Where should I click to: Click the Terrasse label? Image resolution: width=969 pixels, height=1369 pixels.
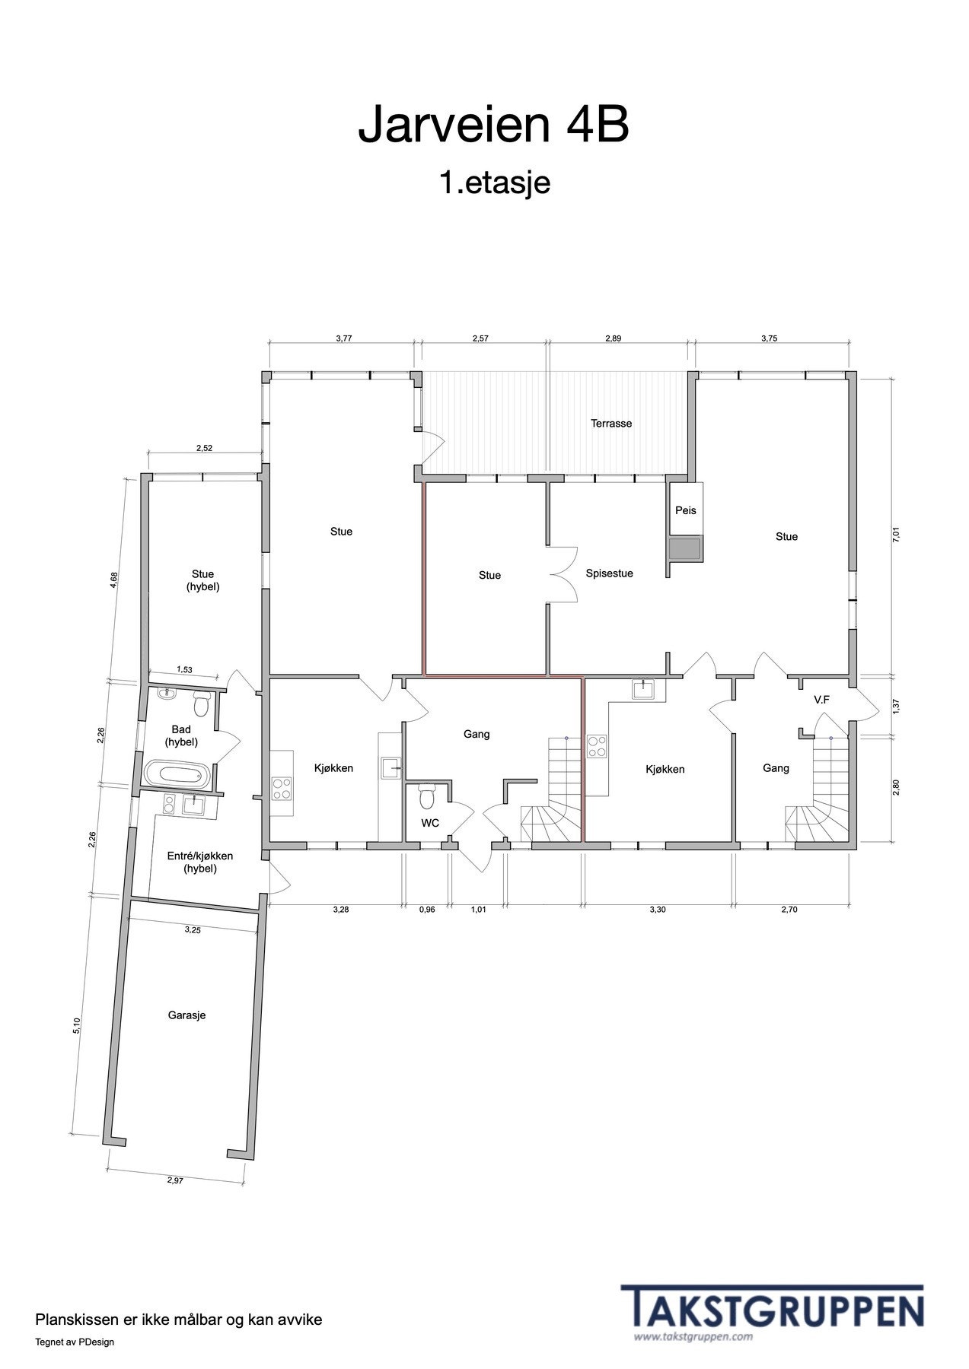[x=611, y=424]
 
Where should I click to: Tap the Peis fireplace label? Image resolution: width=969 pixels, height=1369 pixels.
[x=685, y=510]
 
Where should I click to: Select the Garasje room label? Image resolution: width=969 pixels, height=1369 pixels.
[x=186, y=1015]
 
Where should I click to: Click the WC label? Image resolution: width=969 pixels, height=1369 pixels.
[x=430, y=823]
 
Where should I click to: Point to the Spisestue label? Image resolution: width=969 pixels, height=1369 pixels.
[x=609, y=573]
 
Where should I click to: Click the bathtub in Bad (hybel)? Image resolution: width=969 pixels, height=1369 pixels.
[x=176, y=775]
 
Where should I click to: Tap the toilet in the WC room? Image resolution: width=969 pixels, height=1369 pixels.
[x=426, y=796]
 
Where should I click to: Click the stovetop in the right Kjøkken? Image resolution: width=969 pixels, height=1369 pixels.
[x=597, y=746]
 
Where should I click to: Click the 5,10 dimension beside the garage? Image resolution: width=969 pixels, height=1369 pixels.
[x=76, y=1026]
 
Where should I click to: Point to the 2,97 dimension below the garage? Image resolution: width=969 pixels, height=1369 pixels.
[x=177, y=1180]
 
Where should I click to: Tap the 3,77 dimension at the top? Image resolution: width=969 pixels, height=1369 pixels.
[x=344, y=339]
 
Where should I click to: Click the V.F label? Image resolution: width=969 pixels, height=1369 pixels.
[x=821, y=699]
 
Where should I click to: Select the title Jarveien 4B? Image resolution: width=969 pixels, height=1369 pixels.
[x=493, y=125]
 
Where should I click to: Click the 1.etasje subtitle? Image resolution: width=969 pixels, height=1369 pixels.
[x=494, y=183]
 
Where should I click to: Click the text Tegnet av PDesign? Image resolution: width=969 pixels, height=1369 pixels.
[x=75, y=1342]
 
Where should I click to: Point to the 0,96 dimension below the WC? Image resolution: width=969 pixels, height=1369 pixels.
[x=427, y=909]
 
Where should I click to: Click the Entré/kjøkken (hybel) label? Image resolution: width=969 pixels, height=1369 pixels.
[x=200, y=862]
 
